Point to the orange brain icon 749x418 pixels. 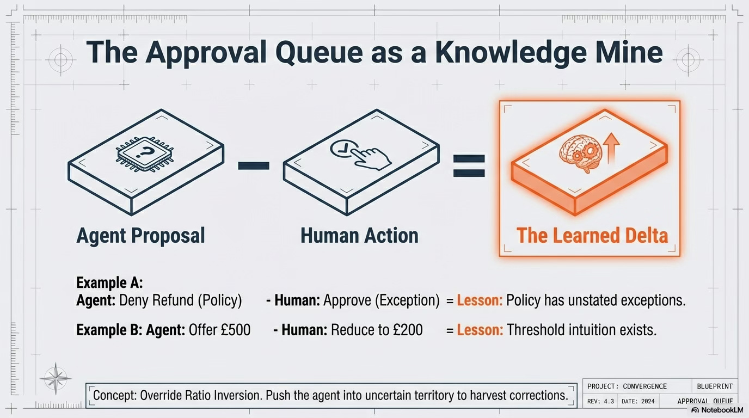pyautogui.click(x=576, y=153)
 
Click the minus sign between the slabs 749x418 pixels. pyautogui.click(x=253, y=164)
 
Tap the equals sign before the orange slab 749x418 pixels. pyautogui.click(x=469, y=165)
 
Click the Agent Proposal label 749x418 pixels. pyautogui.click(x=140, y=235)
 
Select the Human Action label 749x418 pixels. pyautogui.click(x=359, y=235)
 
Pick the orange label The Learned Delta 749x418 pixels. pyautogui.click(x=592, y=235)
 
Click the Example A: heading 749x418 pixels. pyautogui.click(x=109, y=282)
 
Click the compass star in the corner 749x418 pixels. pyautogui.click(x=56, y=377)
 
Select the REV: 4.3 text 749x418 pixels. pyautogui.click(x=600, y=402)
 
